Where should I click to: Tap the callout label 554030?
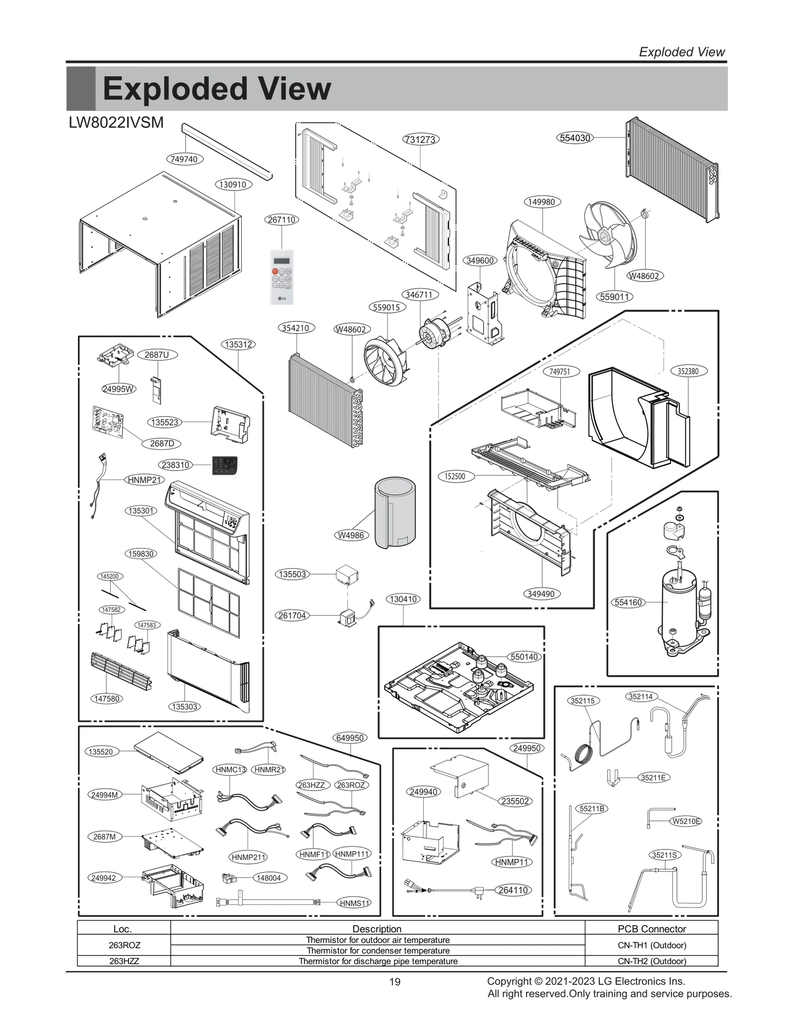[575, 138]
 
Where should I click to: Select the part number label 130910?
[233, 184]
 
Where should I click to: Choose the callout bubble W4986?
[351, 535]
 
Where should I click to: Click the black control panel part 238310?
[225, 465]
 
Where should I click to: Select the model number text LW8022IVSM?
[117, 122]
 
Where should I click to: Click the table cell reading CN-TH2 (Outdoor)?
[652, 961]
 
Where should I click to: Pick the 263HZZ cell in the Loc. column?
[124, 961]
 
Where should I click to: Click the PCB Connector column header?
[652, 929]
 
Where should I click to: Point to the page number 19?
[395, 982]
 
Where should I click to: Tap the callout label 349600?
[480, 260]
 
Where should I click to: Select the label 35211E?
[653, 778]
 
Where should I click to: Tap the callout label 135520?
[101, 752]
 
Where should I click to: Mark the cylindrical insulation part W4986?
[395, 512]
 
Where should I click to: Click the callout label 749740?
[184, 159]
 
